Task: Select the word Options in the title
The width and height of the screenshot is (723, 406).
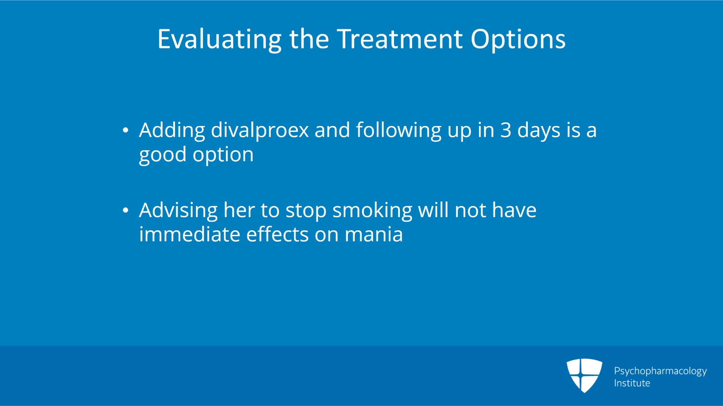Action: coord(518,39)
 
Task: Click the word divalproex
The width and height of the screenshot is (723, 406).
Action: coord(260,131)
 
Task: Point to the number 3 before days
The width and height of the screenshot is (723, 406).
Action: coord(506,131)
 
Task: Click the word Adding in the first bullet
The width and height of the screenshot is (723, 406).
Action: coord(172,131)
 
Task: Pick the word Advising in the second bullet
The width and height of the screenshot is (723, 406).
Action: coord(178,210)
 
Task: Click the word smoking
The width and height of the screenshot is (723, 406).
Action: coord(372,210)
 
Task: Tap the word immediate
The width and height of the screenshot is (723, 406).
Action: coord(189,235)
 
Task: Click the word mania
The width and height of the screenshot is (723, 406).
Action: coord(373,235)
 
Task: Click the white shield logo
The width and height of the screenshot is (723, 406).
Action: coord(584,375)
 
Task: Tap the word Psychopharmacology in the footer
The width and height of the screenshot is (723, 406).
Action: coord(660,371)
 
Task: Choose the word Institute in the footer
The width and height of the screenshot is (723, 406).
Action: coord(632,383)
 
